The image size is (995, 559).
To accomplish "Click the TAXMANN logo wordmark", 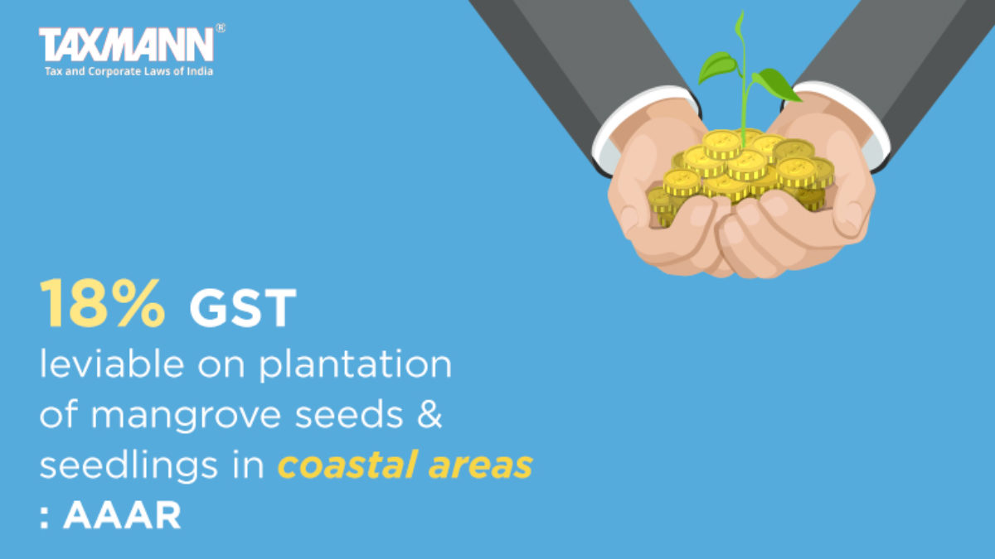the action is point(126,45).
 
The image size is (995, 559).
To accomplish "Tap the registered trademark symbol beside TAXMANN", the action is point(221,28).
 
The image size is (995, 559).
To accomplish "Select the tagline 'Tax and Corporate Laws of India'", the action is point(129,71).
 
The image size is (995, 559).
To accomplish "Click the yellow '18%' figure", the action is point(103,304).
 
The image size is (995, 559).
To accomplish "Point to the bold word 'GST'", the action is point(243,308).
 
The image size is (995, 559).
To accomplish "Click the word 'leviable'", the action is point(112,364).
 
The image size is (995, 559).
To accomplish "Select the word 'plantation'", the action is point(356,365).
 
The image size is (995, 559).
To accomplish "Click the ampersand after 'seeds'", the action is point(430,414).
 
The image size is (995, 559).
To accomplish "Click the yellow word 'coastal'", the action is point(347,465).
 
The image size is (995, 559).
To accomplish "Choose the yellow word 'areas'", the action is point(481,467).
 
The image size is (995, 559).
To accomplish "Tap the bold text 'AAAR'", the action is point(122,515).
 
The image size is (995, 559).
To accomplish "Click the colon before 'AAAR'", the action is point(44,518).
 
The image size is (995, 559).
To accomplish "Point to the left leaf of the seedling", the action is point(718,66).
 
